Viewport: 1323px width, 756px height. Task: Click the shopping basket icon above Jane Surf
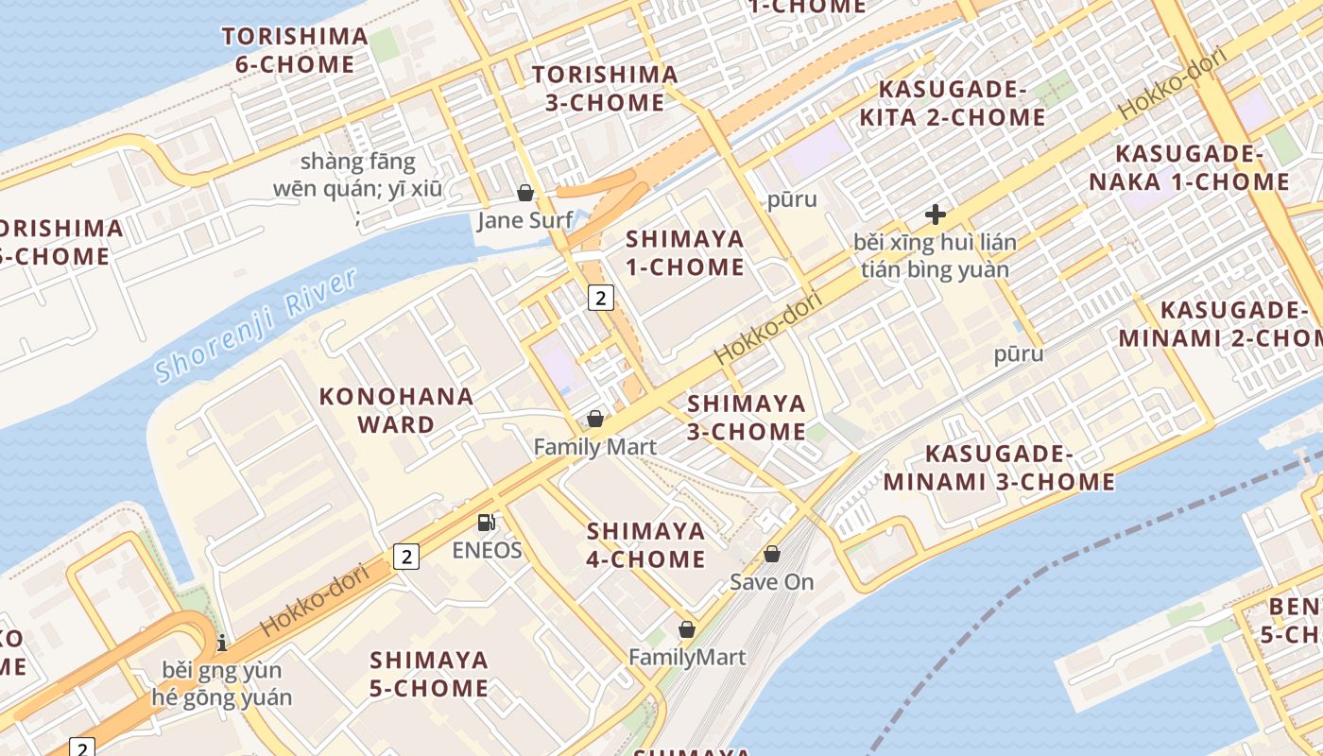click(x=525, y=193)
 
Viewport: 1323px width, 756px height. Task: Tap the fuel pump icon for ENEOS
click(x=487, y=522)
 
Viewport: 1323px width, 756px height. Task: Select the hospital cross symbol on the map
click(x=936, y=215)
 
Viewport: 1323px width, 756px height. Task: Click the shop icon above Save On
click(x=772, y=554)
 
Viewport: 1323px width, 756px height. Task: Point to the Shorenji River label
click(x=257, y=325)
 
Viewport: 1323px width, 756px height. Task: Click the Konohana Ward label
click(x=396, y=410)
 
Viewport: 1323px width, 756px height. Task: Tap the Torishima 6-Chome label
click(x=295, y=51)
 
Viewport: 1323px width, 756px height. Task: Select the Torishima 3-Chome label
click(x=605, y=89)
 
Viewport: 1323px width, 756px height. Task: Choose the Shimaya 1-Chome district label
click(x=685, y=252)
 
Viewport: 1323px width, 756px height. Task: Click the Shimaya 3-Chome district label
click(x=747, y=418)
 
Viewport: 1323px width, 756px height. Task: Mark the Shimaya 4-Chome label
click(x=646, y=545)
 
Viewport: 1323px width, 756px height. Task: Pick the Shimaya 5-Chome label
click(x=429, y=674)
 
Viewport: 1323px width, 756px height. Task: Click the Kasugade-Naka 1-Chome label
click(x=1189, y=168)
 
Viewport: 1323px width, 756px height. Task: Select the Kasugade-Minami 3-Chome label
click(x=999, y=468)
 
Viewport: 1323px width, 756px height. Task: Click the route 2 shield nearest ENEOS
click(x=406, y=557)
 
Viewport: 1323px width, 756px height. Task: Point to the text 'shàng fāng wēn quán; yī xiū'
click(x=357, y=176)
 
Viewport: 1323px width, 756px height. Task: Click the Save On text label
click(x=772, y=582)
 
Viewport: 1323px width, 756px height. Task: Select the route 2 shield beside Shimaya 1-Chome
click(x=601, y=298)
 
